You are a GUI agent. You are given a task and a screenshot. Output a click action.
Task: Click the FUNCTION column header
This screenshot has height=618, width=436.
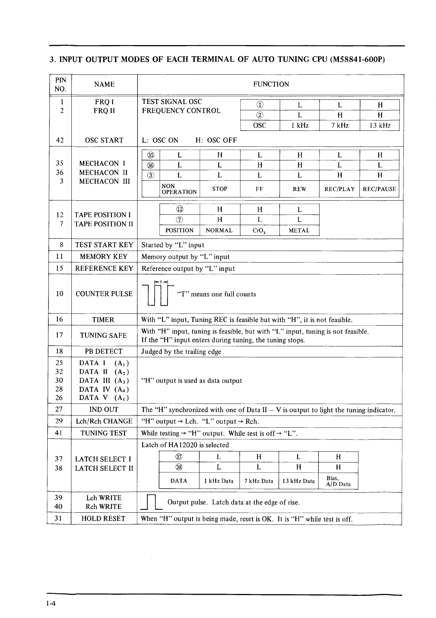271,84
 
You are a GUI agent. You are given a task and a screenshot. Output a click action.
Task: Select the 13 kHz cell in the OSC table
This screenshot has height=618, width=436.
379,125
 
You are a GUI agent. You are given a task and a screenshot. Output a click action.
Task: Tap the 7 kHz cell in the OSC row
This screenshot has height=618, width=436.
339,125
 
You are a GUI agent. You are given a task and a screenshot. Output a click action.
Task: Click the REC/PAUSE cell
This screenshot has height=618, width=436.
379,189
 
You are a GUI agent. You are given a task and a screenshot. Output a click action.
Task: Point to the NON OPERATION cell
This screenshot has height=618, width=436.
179,189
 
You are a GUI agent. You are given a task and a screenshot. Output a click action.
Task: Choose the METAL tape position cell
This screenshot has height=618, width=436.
299,230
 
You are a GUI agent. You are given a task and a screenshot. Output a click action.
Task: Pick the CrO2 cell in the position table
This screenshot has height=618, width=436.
260,230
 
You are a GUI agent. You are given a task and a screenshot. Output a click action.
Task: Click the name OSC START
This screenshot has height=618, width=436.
104,140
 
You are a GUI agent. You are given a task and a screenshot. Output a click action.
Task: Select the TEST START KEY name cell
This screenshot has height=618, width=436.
104,245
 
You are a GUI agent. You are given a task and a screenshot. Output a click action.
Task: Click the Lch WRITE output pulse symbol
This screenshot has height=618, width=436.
151,503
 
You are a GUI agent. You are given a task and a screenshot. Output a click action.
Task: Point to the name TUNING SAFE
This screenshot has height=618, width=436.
104,335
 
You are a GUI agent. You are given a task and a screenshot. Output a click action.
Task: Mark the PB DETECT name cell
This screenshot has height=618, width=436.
104,351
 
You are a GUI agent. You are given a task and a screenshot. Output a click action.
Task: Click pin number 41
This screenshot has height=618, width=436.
59,433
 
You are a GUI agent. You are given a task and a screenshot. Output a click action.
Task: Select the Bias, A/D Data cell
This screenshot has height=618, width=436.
338,481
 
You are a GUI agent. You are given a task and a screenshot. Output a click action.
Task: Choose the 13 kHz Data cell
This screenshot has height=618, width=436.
298,481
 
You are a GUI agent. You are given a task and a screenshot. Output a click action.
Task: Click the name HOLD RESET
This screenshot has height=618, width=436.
104,518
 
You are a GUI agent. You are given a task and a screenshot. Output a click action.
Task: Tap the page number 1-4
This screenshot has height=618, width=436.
51,604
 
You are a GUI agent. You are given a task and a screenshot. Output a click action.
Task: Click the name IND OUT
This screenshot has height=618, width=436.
104,409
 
